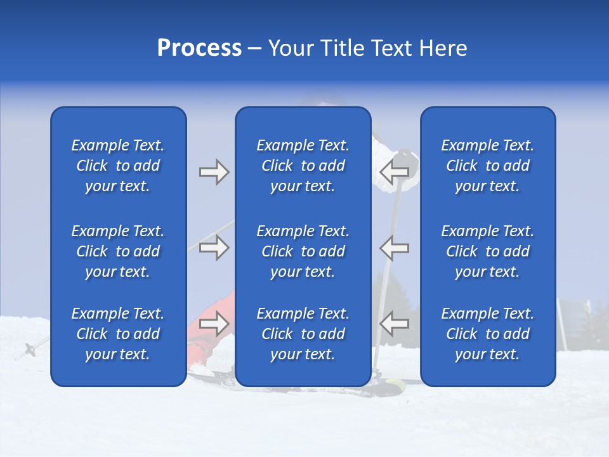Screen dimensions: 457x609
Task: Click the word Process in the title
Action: click(x=199, y=48)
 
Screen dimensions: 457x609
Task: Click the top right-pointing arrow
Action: click(x=214, y=172)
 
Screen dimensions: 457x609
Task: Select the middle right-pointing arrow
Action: click(x=214, y=248)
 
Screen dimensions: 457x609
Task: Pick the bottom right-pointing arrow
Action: click(x=214, y=324)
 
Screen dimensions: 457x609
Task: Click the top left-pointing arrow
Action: click(x=395, y=172)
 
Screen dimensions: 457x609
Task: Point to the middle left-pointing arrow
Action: click(x=395, y=248)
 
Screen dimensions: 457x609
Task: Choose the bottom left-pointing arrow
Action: click(x=395, y=324)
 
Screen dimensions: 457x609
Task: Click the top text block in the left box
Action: click(x=118, y=166)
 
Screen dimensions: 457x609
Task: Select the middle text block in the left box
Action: click(x=118, y=251)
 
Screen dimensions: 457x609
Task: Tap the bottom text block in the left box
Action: click(x=118, y=334)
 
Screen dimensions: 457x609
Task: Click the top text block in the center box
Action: click(x=303, y=166)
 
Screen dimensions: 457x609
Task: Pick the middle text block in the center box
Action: click(x=303, y=251)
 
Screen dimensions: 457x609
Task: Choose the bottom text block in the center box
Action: click(x=303, y=334)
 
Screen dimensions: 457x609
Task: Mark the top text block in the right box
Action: click(x=487, y=166)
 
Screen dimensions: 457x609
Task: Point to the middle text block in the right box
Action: click(x=487, y=251)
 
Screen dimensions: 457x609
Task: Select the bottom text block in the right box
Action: click(x=487, y=334)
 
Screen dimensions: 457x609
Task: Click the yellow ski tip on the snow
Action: click(x=395, y=384)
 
